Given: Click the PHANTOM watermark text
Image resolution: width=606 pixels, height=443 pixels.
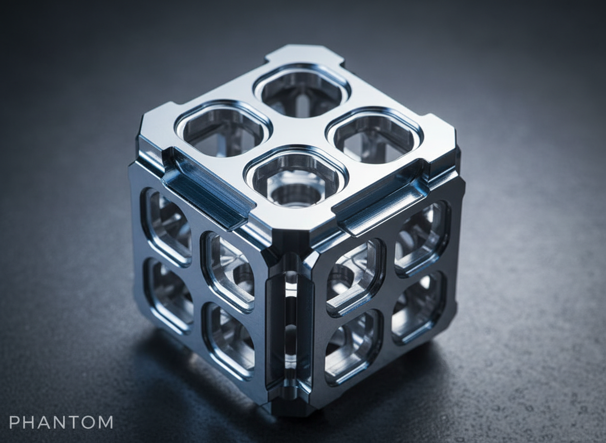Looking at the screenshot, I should (61, 422).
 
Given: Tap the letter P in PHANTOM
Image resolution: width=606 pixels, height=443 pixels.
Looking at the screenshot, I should (14, 422).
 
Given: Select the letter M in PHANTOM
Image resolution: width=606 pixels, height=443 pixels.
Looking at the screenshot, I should (105, 422).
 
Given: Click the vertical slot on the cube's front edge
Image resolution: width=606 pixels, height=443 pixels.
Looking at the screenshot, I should (290, 328).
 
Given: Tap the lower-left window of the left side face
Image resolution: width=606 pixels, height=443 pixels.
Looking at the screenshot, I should (168, 294).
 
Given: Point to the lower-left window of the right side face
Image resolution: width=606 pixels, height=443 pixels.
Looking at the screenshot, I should (353, 347).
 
